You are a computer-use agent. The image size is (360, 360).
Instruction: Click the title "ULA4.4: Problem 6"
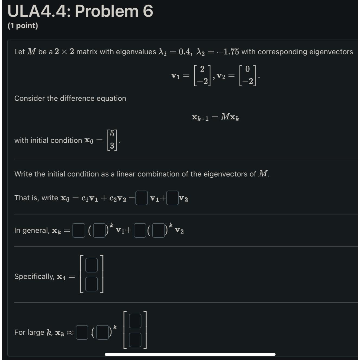coord(80,11)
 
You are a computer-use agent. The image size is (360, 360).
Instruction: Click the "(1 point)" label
coord(23,26)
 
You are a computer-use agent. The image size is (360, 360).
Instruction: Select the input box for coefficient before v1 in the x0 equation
coord(142,198)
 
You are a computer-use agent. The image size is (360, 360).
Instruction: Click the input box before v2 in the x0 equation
coord(172,198)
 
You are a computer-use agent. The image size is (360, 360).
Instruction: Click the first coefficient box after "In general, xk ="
coord(79,230)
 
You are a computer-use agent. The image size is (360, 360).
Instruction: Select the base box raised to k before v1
coord(99,230)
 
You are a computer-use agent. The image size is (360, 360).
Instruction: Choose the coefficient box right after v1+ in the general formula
coord(140,230)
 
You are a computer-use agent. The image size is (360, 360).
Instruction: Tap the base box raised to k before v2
coord(158,230)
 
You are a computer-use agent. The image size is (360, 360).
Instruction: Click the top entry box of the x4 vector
coord(91,265)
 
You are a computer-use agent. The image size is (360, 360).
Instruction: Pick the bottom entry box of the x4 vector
coord(91,284)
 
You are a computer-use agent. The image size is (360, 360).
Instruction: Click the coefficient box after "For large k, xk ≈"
coord(82,332)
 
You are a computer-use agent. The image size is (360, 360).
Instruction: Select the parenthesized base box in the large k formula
coord(102,332)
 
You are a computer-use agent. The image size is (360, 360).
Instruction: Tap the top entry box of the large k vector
coord(135,321)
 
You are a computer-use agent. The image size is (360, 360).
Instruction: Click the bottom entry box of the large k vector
coord(135,340)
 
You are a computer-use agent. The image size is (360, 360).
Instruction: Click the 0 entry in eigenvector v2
coord(247,69)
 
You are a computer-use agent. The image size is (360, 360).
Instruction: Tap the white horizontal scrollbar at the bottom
coord(190,354)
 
